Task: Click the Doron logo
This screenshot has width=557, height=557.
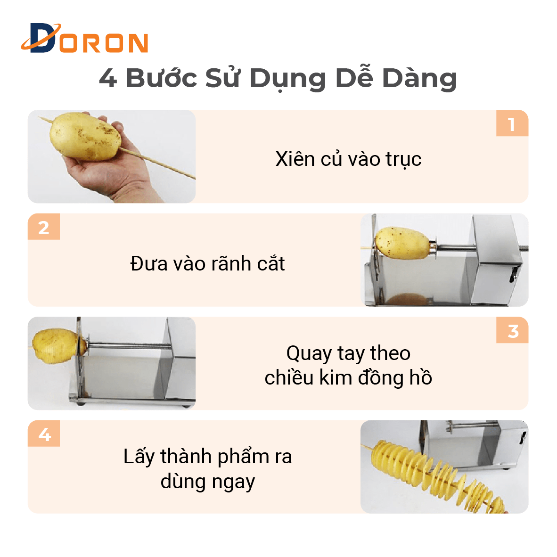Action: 84,38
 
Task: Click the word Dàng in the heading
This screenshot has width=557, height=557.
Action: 419,78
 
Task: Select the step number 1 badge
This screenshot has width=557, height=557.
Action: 512,123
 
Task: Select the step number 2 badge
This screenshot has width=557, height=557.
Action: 44,227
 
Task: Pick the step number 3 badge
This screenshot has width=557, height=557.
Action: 512,330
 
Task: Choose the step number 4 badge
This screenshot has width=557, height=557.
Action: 44,434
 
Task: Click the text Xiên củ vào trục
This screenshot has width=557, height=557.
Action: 349,159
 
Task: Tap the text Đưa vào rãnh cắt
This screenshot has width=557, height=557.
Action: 207,263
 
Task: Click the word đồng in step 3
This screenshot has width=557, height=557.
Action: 381,377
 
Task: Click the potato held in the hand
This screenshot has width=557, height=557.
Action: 85,137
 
